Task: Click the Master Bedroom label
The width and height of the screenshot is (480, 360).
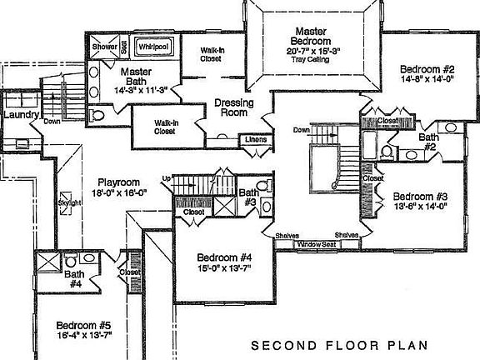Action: coord(310,36)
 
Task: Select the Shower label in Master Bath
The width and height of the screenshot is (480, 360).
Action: coord(104,47)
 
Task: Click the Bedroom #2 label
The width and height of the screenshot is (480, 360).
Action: coord(426,69)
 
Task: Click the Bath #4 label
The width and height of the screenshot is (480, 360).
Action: coord(75,278)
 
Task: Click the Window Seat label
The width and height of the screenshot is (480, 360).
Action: coord(317,244)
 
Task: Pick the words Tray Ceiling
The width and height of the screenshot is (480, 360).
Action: coord(310,59)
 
